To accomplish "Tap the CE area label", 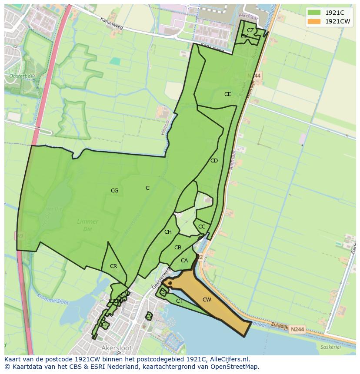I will coord(227,94).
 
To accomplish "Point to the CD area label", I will coord(214,161).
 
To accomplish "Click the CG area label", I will coord(114,191).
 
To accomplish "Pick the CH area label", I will coord(168,232).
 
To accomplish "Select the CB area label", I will coord(177,248).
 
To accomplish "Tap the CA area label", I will coord(184,261).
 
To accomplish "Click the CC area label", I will coord(202,227).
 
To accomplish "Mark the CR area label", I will coord(113,266).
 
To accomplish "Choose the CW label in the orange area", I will coord(207,300).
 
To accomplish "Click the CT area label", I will coord(179,301).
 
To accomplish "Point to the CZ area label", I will coord(250,30).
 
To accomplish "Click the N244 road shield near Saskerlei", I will coord(297,330).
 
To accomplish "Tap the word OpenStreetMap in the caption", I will coord(234,366).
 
